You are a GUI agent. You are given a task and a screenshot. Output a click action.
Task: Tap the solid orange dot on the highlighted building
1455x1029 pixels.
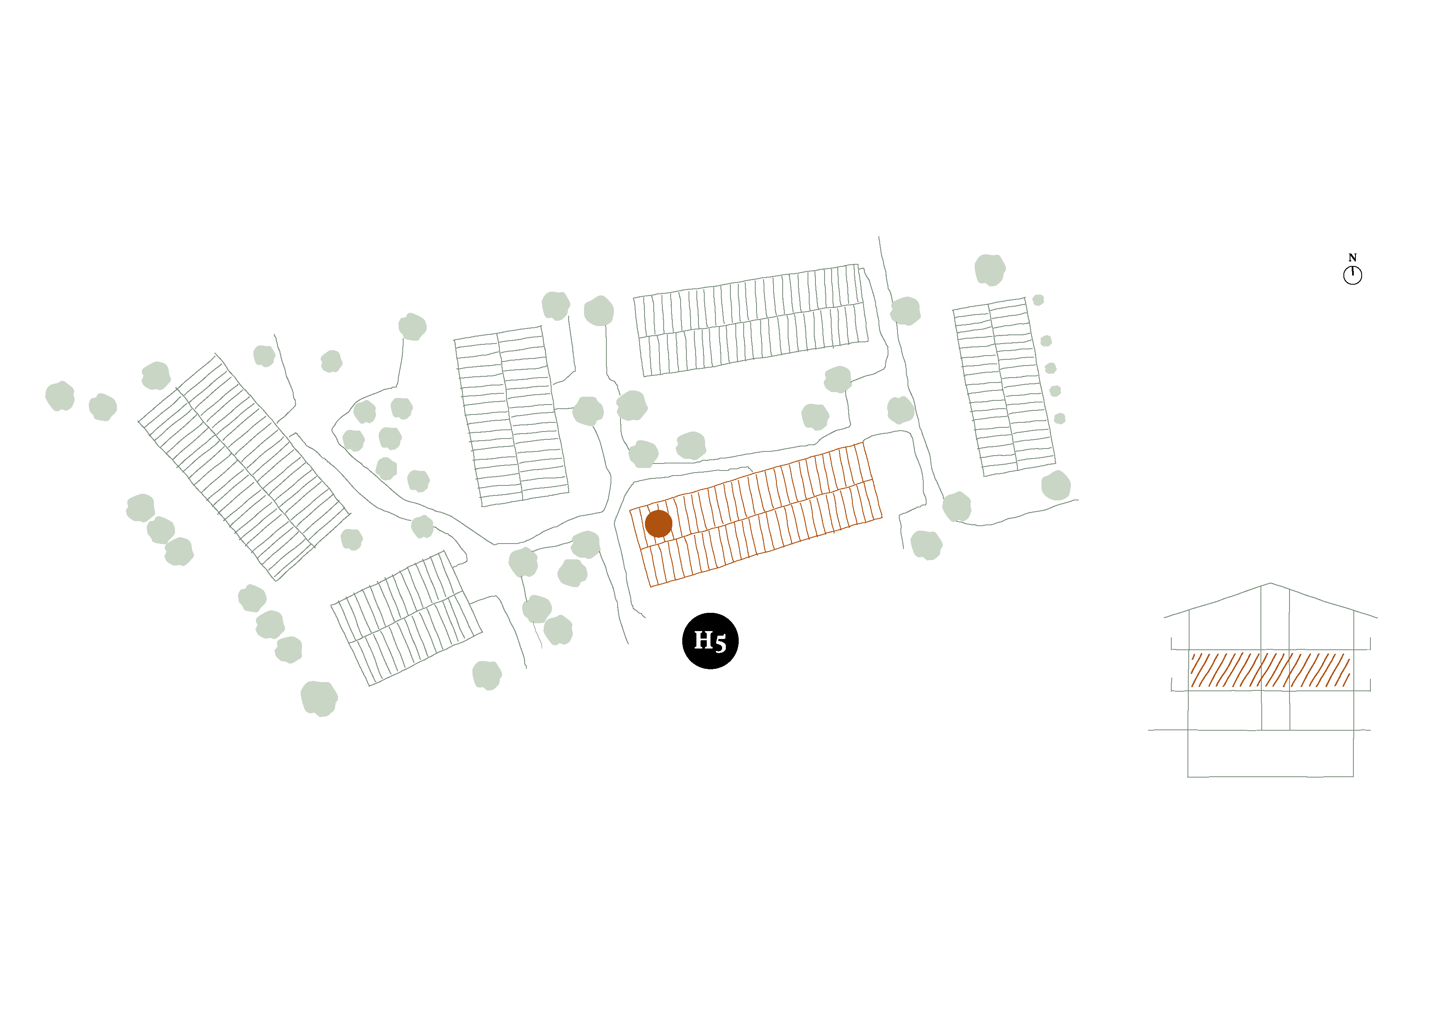[x=658, y=524]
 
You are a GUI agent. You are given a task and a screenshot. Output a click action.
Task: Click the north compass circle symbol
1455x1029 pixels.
[x=1352, y=275]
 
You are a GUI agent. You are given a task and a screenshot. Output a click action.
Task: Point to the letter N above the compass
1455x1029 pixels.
[x=1352, y=257]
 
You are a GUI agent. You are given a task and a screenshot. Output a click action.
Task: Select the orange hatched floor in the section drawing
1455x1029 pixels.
[x=1270, y=670]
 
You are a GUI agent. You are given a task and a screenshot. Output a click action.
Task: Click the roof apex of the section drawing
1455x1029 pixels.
[x=1270, y=583]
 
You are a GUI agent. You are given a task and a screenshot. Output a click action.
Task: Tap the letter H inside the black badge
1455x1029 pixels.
[x=703, y=640]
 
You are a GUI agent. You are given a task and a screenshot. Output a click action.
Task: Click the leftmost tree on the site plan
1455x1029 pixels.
[x=60, y=396]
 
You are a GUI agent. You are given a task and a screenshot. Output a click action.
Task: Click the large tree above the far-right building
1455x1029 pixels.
[x=990, y=269]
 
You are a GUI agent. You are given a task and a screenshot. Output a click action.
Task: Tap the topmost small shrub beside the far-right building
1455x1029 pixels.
[x=1038, y=300]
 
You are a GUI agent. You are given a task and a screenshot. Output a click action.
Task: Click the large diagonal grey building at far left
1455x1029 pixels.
[x=244, y=467]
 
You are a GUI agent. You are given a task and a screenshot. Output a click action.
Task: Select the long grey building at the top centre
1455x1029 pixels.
[x=751, y=320]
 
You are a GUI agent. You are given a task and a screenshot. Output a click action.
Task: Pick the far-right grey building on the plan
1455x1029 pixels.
[x=1005, y=387]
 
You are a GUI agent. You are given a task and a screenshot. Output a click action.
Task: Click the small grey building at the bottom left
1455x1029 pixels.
[x=406, y=618]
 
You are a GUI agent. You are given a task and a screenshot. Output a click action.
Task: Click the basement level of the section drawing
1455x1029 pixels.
[x=1270, y=753]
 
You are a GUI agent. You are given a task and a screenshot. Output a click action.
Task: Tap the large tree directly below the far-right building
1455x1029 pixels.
[x=1056, y=485]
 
